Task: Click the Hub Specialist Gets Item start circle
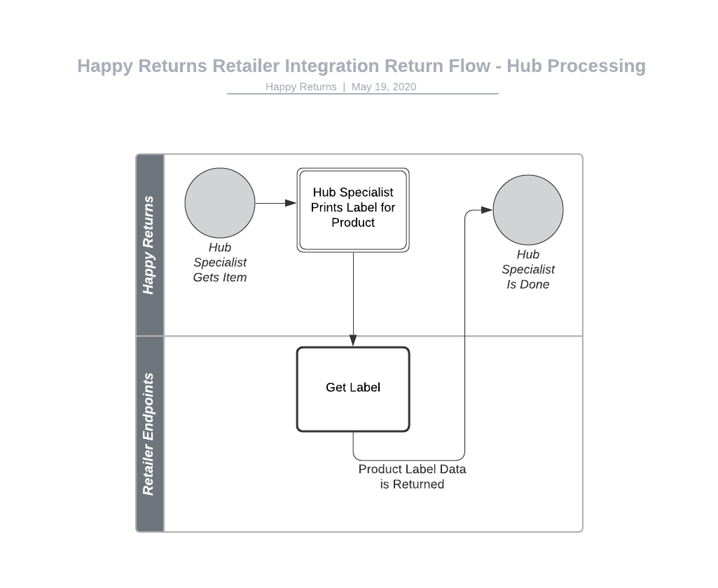coord(220,203)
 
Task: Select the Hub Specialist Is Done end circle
coord(527,210)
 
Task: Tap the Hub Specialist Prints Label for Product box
coord(353,209)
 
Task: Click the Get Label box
coord(353,389)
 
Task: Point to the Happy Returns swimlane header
coord(149,245)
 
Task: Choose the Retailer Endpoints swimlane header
coord(149,434)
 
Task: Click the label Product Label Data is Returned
coord(412,477)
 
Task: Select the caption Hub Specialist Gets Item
coord(220,262)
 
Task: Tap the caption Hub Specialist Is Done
coord(527,269)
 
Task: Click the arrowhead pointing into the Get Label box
coord(353,341)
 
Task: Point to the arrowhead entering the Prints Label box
coord(291,203)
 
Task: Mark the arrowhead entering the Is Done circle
coord(487,210)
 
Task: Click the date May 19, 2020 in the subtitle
coord(384,87)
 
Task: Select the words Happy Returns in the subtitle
coord(301,87)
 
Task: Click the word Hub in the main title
coord(524,66)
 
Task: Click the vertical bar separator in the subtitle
coord(344,87)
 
